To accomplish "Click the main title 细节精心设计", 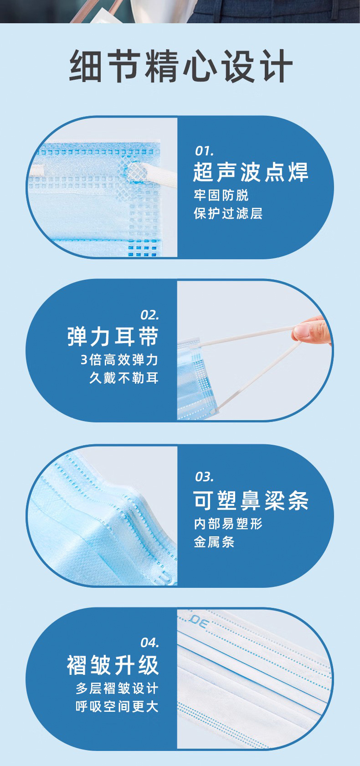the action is coord(181,65).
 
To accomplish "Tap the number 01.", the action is coord(204,151).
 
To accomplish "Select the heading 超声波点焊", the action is coord(251,172).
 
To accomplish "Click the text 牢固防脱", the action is coord(221,195).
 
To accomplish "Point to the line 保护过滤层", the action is coord(228,213).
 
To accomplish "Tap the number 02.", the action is coord(149,315).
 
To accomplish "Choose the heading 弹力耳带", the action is coord(113,336).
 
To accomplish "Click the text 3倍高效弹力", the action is coord(119,360).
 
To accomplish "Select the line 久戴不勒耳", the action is coord(124,378).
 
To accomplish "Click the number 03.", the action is coord(204,477).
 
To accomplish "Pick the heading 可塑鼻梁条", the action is coord(251,500).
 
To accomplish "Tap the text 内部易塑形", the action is coord(228,524).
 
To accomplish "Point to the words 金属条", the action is coord(214,542).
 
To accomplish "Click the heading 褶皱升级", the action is coord(113,665).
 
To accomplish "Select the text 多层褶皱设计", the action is coord(117,689).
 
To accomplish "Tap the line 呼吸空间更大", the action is coord(117,706).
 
